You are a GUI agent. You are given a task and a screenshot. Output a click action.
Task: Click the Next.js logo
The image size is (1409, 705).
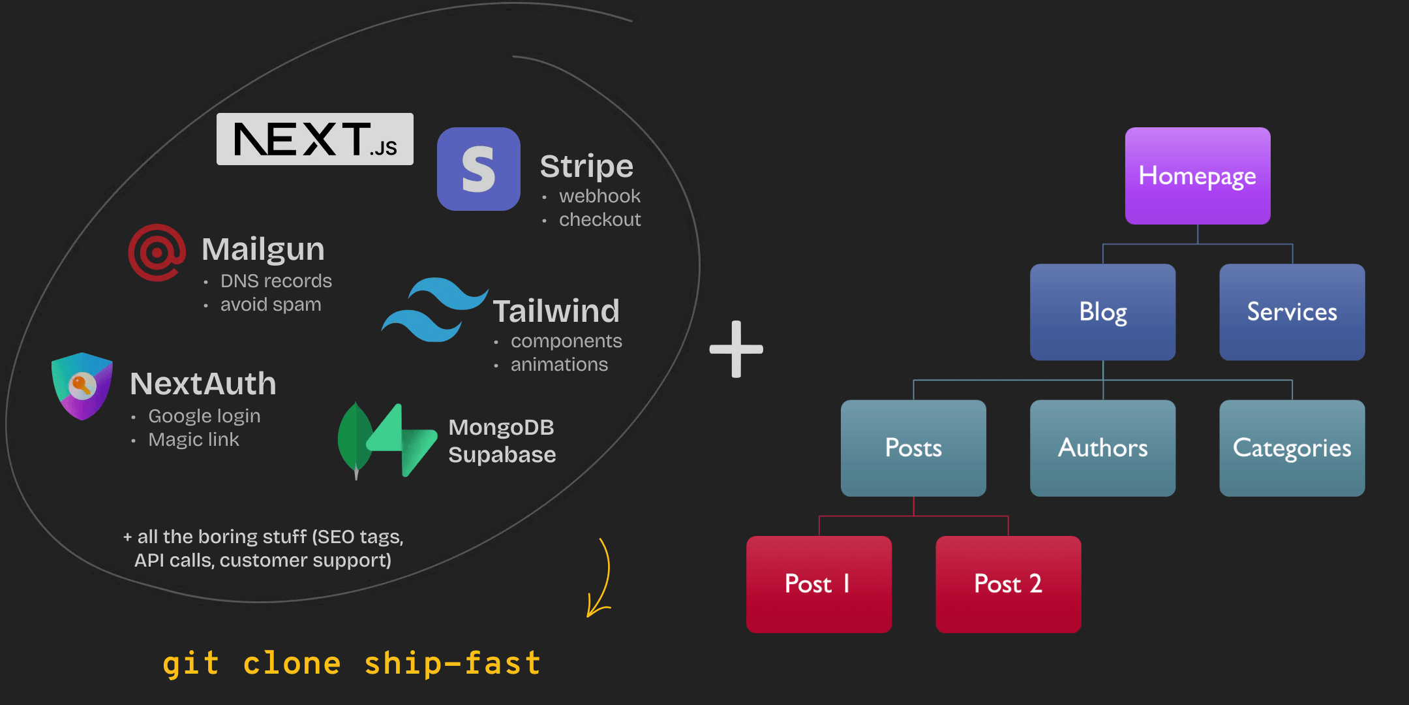[x=314, y=139]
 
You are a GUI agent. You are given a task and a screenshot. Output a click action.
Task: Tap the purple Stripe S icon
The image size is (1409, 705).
[x=478, y=169]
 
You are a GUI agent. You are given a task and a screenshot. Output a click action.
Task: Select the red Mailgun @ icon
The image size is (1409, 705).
[x=157, y=253]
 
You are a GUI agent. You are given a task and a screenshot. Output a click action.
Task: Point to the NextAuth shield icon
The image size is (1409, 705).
[x=82, y=386]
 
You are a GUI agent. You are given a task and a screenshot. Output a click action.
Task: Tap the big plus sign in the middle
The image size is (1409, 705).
[x=736, y=349]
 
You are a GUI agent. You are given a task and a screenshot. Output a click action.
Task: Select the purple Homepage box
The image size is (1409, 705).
[x=1197, y=176]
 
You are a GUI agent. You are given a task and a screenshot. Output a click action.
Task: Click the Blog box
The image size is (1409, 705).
[x=1102, y=312]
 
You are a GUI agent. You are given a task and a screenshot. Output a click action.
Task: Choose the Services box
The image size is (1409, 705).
[x=1292, y=312]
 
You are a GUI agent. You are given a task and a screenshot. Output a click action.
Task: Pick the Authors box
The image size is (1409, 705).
[x=1102, y=448]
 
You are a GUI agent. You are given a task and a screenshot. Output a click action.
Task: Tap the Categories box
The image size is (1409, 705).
[x=1292, y=448]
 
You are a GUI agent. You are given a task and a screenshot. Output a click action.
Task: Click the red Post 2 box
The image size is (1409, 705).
[x=1008, y=584]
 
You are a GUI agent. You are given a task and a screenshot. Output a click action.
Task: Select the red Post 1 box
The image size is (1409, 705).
[x=819, y=584]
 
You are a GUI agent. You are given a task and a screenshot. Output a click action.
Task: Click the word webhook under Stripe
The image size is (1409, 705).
[x=599, y=196]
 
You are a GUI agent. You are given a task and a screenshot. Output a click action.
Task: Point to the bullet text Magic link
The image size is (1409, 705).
[x=194, y=439]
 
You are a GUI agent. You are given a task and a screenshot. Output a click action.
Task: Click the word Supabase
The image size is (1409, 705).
[x=502, y=454]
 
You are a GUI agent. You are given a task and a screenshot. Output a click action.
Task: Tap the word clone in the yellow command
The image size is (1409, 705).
[x=292, y=663]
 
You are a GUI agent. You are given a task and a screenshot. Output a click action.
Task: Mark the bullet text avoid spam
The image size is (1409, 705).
[x=271, y=304]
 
